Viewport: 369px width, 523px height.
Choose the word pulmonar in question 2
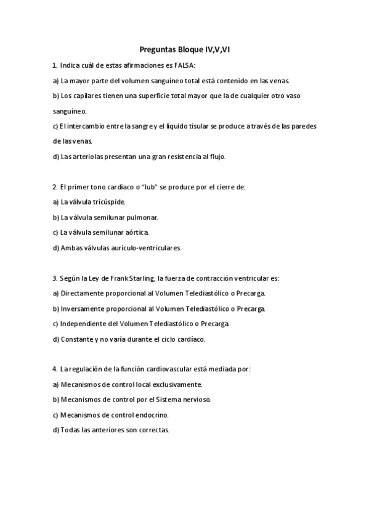[141, 217]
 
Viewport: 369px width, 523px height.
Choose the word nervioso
[195, 399]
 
